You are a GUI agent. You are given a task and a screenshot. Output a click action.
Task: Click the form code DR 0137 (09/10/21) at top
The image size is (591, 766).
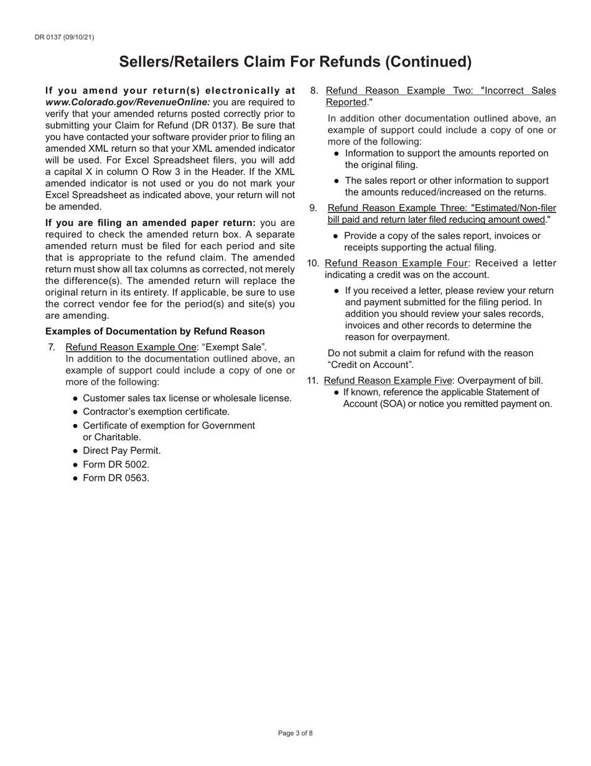click(x=65, y=37)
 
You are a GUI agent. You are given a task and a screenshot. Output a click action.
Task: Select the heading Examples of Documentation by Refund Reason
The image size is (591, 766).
click(x=155, y=331)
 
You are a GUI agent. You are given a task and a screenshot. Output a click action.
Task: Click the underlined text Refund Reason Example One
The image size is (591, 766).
click(x=131, y=348)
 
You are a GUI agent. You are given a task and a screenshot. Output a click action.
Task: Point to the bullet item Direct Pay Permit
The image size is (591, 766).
click(x=121, y=450)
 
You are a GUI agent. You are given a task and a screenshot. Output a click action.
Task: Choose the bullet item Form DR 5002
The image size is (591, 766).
click(x=116, y=464)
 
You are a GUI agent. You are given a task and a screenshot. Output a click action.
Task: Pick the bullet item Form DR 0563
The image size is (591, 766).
click(x=116, y=478)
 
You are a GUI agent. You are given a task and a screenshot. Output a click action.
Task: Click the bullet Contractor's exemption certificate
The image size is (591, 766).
click(x=156, y=412)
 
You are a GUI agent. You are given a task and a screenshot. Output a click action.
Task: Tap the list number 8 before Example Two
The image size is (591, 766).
click(x=314, y=91)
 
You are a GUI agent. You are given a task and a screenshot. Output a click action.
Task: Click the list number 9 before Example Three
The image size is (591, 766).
click(x=314, y=208)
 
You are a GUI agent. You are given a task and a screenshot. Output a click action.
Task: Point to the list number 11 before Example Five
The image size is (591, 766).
click(x=313, y=381)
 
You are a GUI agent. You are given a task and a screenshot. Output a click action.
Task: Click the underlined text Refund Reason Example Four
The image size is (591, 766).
click(x=396, y=263)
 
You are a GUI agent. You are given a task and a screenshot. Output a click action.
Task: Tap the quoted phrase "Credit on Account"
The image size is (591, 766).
click(x=370, y=365)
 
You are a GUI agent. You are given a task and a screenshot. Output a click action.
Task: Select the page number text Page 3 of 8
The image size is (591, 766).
click(x=295, y=733)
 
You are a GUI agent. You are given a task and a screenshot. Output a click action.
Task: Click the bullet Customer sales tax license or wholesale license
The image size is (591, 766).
click(x=187, y=398)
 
